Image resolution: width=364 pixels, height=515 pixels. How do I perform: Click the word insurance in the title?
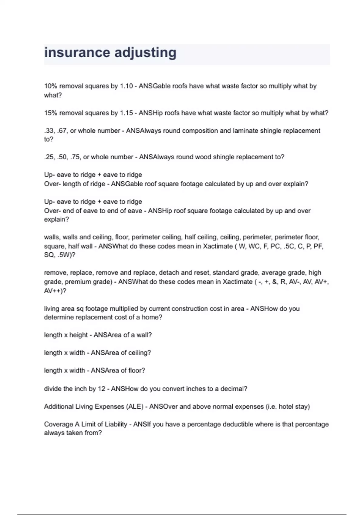click(x=77, y=52)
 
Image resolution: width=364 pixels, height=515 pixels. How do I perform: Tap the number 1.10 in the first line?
click(x=126, y=86)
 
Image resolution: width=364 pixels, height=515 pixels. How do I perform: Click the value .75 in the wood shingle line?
click(x=75, y=157)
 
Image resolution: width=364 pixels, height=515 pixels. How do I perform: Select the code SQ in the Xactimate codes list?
click(x=49, y=255)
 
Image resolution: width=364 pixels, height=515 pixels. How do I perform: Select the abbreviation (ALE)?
click(x=134, y=407)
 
